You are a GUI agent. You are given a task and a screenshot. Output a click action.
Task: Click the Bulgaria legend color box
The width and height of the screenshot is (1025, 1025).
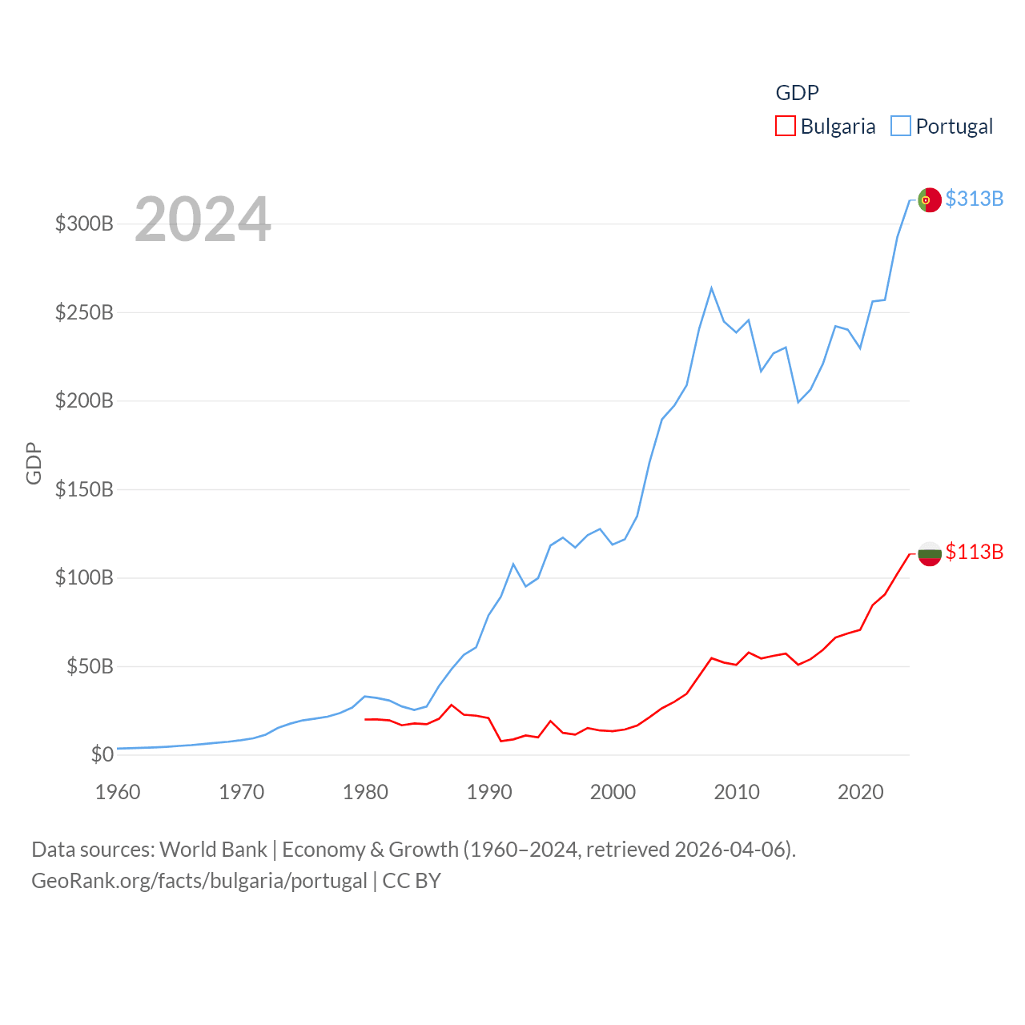[785, 127]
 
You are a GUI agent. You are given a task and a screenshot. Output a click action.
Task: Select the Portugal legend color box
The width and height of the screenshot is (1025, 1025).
[901, 127]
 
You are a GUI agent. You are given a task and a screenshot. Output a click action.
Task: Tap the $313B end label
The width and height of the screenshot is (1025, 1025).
[974, 199]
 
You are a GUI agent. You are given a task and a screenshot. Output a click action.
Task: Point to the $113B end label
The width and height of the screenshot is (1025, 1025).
[974, 552]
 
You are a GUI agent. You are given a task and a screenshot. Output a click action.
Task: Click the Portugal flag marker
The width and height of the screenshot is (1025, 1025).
[929, 199]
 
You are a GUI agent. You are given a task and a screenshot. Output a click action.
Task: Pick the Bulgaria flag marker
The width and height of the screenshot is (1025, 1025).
[929, 553]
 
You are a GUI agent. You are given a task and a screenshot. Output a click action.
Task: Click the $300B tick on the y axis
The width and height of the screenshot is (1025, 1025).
[84, 223]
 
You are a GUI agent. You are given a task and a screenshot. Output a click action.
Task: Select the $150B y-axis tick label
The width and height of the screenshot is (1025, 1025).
[84, 489]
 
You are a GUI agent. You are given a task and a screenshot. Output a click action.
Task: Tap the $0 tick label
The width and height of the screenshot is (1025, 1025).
[102, 754]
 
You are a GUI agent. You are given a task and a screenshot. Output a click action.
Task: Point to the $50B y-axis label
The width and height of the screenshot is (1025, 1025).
[90, 666]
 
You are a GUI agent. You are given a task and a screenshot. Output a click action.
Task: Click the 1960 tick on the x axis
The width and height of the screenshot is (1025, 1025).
[118, 792]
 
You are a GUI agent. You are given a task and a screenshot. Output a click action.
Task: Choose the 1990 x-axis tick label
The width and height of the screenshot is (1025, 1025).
[489, 792]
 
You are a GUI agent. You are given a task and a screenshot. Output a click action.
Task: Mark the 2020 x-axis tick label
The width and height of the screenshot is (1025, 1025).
[860, 792]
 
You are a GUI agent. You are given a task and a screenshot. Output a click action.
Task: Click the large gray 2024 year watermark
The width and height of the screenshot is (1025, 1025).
[203, 219]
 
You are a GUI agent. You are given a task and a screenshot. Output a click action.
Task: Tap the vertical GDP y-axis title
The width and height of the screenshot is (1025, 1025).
[34, 463]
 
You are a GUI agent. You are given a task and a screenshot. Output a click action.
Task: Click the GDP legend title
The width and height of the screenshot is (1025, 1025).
[797, 93]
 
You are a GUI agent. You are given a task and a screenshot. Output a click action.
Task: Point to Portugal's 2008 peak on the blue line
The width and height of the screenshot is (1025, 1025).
[711, 288]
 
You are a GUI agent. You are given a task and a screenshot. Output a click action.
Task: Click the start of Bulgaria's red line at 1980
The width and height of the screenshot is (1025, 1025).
[366, 719]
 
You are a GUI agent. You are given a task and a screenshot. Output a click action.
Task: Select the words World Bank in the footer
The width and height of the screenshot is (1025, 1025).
[213, 849]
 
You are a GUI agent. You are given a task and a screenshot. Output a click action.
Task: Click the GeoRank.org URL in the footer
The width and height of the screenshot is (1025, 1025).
[199, 881]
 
